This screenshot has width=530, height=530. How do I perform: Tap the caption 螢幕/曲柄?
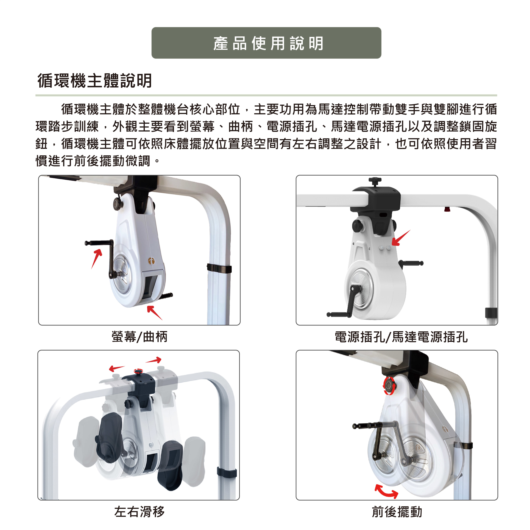[139, 337]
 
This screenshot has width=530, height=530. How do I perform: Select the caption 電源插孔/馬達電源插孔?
[401, 337]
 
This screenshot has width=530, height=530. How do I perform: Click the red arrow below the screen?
[154, 313]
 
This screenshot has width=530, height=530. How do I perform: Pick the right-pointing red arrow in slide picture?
[154, 360]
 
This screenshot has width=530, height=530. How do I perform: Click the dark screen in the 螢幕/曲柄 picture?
[150, 287]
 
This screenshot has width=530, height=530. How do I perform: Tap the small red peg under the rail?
[447, 209]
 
